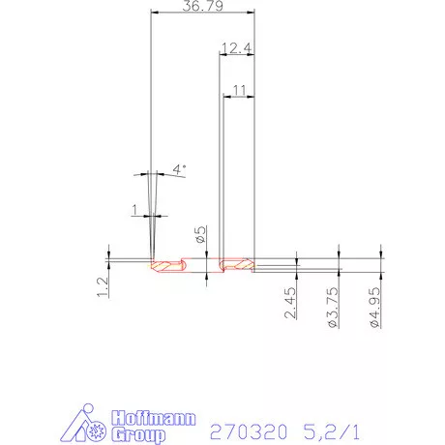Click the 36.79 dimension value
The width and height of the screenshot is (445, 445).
[203, 7]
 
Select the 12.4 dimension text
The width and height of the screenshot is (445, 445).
[237, 47]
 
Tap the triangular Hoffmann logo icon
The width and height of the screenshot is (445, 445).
[91, 427]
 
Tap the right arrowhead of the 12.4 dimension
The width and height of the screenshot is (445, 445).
[252, 55]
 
